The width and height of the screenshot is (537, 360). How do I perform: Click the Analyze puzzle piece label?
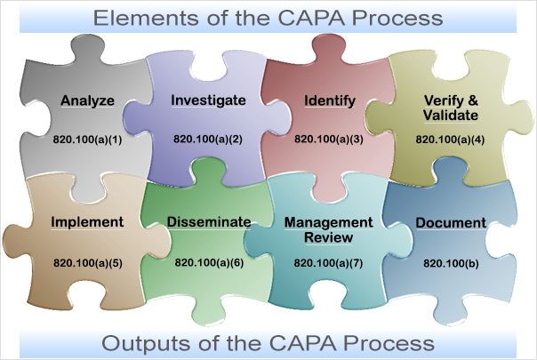[87, 100]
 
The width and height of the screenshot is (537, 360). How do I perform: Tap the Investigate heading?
[208, 100]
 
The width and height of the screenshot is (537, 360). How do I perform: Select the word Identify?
[325, 100]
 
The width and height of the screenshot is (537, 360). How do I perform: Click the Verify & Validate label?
[451, 108]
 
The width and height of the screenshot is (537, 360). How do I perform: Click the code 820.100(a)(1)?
[87, 140]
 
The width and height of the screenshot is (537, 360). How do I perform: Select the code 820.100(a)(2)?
[208, 140]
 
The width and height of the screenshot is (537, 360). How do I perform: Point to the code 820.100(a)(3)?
[328, 140]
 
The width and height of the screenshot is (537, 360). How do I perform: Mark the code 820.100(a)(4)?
[450, 140]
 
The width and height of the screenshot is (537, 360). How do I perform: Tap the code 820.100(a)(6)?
[209, 263]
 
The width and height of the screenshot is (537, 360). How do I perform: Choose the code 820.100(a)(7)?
[328, 263]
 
